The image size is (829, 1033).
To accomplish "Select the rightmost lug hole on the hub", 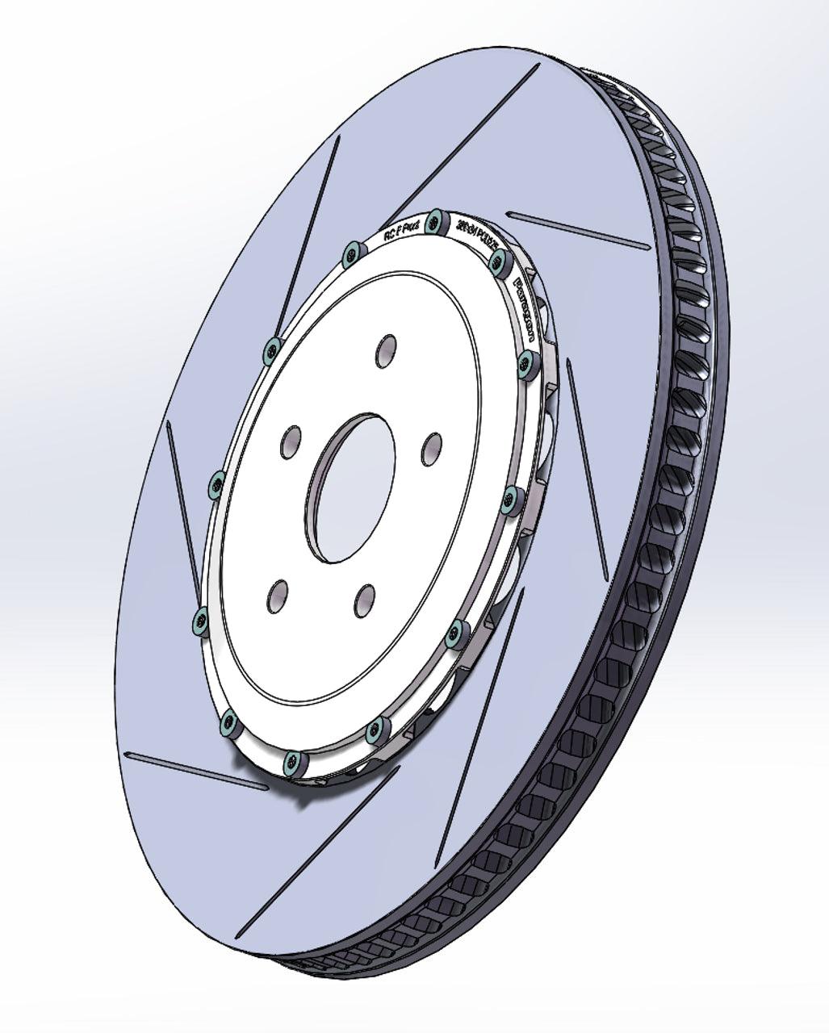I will (432, 448).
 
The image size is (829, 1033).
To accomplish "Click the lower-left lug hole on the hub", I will (276, 595).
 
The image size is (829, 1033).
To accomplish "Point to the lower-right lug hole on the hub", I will (365, 600).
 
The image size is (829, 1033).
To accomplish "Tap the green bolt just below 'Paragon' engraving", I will (526, 361).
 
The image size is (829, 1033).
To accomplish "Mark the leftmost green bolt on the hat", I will (198, 621).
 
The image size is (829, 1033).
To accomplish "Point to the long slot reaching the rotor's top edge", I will (468, 138).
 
